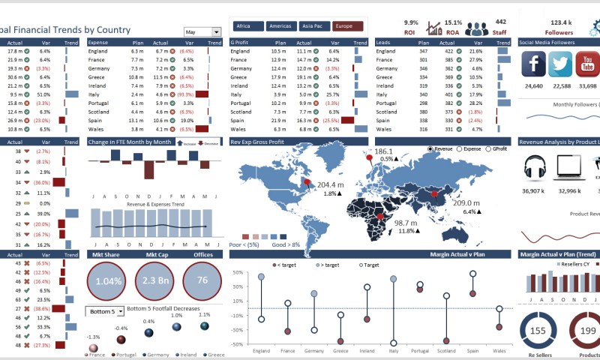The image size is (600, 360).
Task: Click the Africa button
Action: (247, 26)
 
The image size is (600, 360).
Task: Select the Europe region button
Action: (347, 26)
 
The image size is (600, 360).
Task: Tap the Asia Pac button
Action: (313, 26)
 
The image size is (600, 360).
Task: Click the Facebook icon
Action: (533, 65)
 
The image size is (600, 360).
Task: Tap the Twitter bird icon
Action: (559, 65)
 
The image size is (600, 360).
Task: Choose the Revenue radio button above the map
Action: (430, 149)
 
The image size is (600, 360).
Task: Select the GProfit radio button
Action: (487, 149)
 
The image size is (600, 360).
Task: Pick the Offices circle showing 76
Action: (202, 280)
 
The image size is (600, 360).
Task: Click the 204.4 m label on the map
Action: (330, 184)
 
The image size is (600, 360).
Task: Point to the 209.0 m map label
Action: (466, 203)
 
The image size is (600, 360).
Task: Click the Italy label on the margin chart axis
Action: (393, 351)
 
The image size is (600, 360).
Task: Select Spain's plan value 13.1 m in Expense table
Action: (136, 120)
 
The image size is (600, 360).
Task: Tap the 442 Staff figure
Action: (501, 22)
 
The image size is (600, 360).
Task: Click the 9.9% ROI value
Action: (409, 22)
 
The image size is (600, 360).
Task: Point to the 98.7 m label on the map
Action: (406, 223)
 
